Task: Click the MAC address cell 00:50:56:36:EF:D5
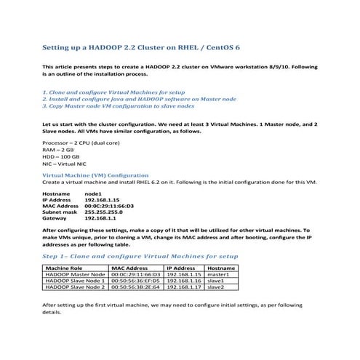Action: pos(135,281)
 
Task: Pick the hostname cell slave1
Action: pos(215,281)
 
